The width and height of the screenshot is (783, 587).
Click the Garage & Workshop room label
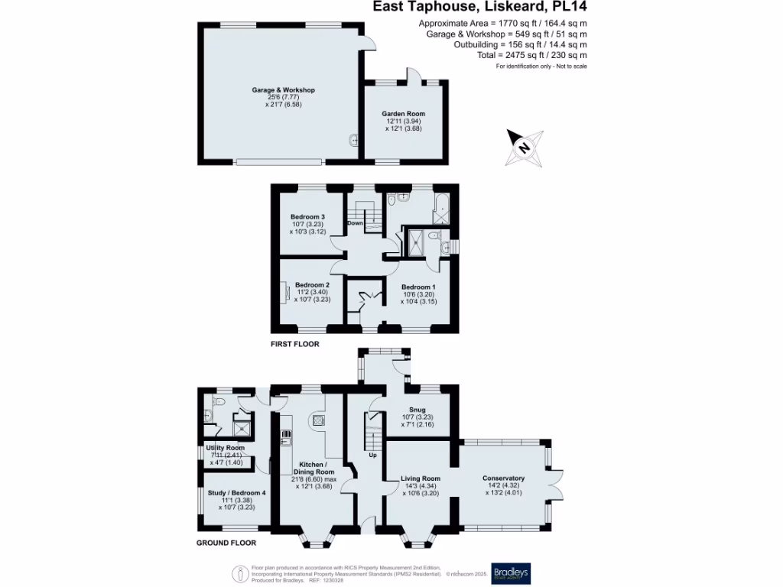283,90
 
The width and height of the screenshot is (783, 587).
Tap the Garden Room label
404,114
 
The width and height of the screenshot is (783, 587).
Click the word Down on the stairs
355,223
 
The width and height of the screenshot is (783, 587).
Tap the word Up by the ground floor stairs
372,455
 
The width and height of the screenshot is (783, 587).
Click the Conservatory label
503,478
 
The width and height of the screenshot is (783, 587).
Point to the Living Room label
421,479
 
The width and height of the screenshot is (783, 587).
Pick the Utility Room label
226,448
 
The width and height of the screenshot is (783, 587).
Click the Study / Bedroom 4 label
236,493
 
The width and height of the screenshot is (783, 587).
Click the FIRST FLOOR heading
294,345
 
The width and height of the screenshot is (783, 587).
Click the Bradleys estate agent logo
510,573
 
